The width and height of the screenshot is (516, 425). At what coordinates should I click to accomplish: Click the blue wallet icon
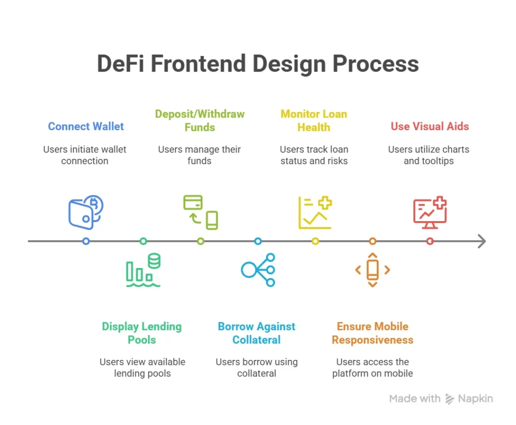point(86,212)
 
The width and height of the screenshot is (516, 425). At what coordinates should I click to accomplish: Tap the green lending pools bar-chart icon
point(143,271)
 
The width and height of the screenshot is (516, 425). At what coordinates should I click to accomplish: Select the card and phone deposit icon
point(201,212)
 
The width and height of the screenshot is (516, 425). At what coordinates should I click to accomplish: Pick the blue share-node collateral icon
point(258,270)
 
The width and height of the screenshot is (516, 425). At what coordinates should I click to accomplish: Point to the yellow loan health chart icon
point(315,212)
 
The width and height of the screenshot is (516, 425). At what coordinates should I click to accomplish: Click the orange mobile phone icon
point(372,270)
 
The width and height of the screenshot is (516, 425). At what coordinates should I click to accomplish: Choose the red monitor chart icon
point(430,212)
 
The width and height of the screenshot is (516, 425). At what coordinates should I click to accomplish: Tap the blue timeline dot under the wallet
point(86,241)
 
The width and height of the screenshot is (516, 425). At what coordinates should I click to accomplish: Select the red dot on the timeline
point(430,241)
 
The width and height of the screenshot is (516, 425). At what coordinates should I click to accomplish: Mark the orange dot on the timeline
point(372,241)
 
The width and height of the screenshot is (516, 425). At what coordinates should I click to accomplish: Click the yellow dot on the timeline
point(315,241)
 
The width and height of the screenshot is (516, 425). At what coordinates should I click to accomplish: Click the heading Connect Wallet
point(86,126)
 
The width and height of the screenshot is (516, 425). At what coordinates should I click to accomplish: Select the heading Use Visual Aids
point(430,126)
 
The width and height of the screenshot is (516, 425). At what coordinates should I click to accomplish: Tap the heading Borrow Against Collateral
point(257,333)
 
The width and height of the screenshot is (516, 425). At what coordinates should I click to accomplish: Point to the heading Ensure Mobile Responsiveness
point(372,333)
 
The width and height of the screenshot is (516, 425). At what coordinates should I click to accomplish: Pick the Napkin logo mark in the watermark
point(449,399)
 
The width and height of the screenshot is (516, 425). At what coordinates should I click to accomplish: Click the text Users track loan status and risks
point(314,155)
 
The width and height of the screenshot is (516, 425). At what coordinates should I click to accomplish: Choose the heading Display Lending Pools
point(142,333)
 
